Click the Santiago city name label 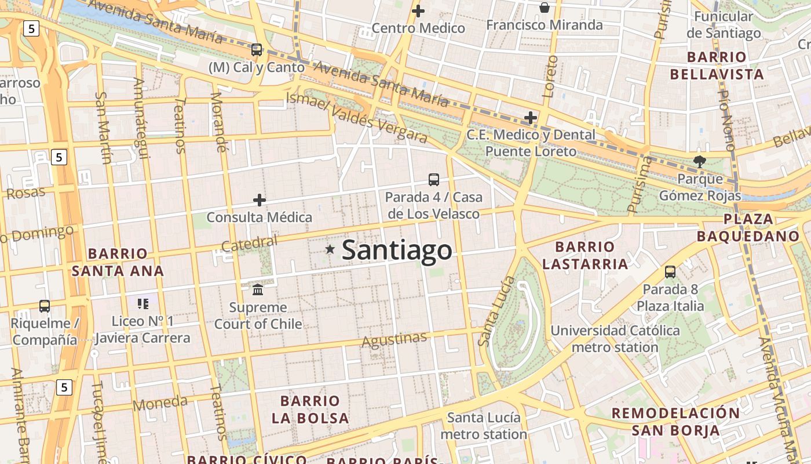[x=397, y=250]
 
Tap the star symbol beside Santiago [x=330, y=249]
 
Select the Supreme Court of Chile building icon [x=258, y=289]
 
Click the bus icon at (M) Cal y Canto [x=257, y=50]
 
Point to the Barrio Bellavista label [x=717, y=66]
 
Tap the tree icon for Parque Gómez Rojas [x=700, y=162]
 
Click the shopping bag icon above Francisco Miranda [x=545, y=8]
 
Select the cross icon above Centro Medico [x=418, y=11]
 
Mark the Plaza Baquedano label [x=748, y=227]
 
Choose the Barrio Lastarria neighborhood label [x=585, y=256]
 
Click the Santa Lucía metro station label [x=484, y=426]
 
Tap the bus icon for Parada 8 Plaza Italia [x=670, y=271]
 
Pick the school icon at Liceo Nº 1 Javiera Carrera [x=143, y=303]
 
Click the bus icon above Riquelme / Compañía [x=45, y=306]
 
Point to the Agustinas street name [x=394, y=340]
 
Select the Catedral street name [x=249, y=244]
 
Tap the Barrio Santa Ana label [x=118, y=262]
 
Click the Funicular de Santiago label [x=724, y=25]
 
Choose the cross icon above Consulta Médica [x=260, y=200]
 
